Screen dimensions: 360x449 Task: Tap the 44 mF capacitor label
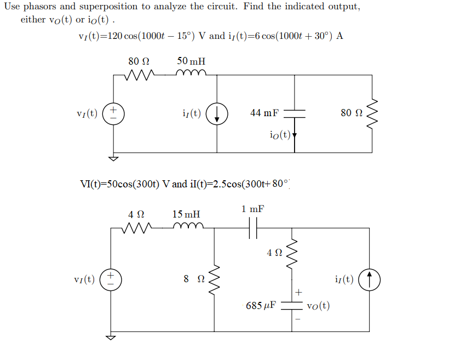[264, 113]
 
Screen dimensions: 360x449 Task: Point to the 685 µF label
[260, 305]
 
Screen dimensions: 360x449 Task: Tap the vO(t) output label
[318, 306]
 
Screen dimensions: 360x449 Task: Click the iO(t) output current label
[280, 134]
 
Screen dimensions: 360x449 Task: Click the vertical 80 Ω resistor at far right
[372, 113]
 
